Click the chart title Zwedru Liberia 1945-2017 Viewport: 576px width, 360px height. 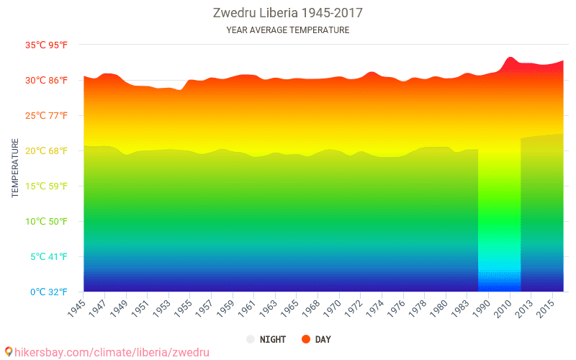(x=287, y=13)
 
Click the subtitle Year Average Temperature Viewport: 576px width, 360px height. (x=287, y=30)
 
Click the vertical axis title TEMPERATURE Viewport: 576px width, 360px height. (x=15, y=168)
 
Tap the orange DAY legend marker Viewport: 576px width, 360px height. (x=306, y=339)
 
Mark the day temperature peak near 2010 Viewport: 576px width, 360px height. (x=510, y=57)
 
